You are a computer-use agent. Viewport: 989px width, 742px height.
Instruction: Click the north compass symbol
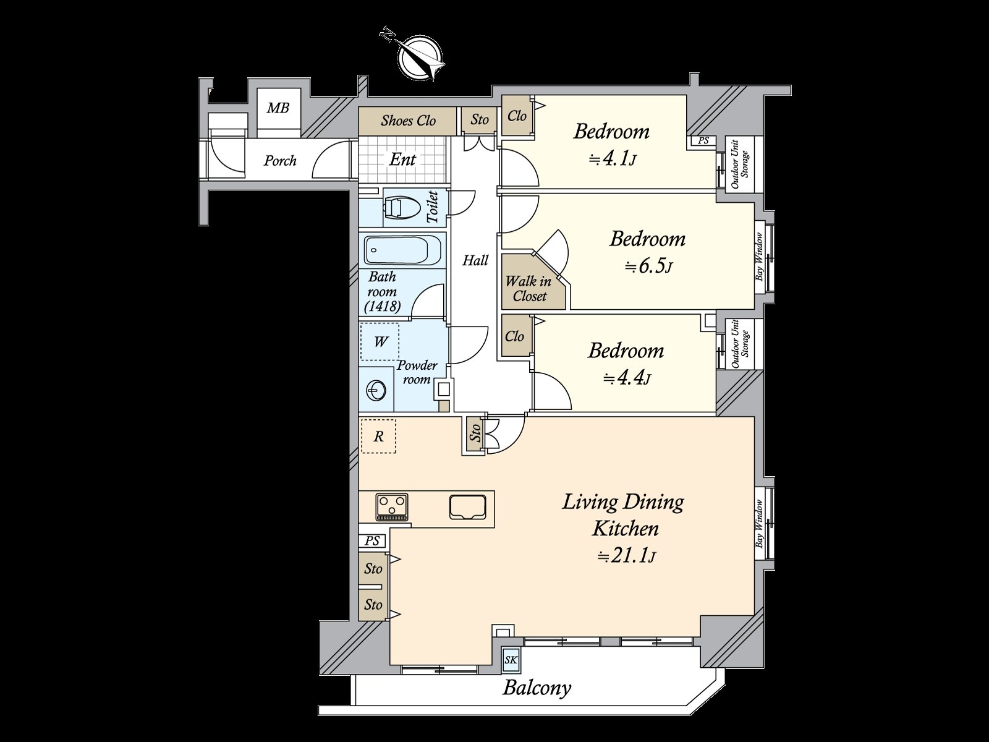tap(420, 59)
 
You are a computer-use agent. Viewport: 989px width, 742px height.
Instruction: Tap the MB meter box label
tap(278, 108)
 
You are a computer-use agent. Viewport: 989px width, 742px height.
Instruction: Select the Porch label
tap(280, 160)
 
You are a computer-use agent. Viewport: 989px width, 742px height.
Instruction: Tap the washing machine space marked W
tap(380, 341)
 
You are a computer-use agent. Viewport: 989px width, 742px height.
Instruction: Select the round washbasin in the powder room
tap(376, 390)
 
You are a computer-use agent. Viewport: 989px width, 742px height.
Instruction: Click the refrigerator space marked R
tap(378, 436)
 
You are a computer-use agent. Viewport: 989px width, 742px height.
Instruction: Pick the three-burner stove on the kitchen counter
tap(393, 507)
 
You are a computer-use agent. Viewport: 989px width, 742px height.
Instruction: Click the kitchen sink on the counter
tap(468, 507)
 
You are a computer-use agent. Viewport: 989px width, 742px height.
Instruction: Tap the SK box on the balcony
tap(511, 660)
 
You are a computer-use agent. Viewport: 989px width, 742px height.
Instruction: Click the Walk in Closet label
tap(529, 288)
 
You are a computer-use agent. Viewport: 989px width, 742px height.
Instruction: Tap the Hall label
tap(475, 260)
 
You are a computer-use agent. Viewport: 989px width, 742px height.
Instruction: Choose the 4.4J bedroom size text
tap(627, 378)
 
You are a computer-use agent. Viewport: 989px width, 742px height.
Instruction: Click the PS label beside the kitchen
tap(372, 540)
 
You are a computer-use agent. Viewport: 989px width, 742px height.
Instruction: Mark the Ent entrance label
tap(402, 159)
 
